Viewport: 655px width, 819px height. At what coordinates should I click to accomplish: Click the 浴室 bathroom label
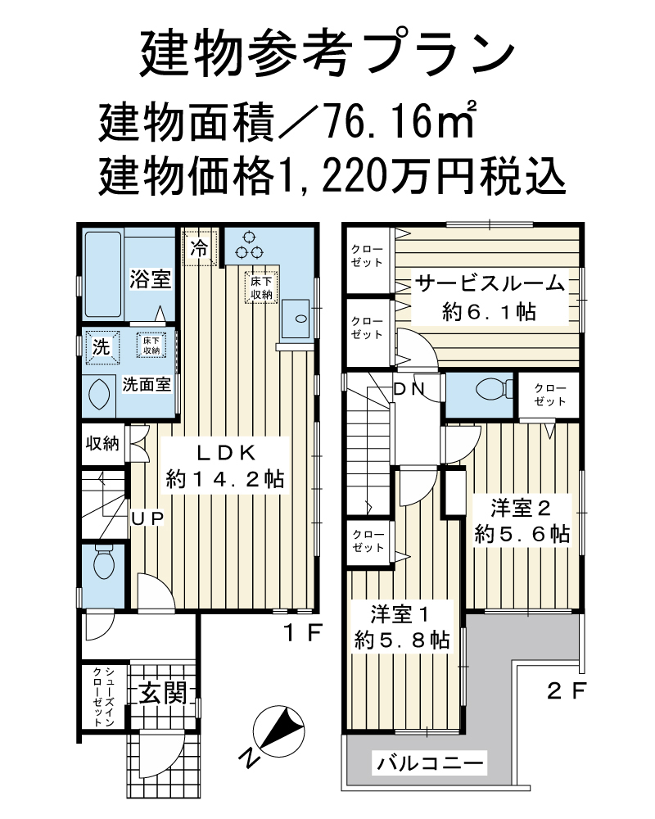click(151, 278)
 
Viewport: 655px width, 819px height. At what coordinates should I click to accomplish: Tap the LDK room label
click(225, 452)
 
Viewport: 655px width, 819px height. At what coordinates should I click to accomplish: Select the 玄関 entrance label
click(163, 694)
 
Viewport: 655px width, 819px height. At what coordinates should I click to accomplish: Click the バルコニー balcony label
click(431, 763)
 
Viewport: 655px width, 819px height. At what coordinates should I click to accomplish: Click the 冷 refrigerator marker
click(199, 248)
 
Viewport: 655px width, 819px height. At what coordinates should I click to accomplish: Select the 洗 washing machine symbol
click(102, 346)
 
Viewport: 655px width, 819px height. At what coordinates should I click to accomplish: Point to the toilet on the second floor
click(495, 389)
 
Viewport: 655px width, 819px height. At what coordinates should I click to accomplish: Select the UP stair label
click(148, 518)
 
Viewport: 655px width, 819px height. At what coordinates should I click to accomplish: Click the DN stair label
click(410, 389)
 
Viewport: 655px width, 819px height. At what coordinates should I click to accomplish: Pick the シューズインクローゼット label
click(103, 695)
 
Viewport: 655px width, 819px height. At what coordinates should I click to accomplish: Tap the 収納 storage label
click(103, 443)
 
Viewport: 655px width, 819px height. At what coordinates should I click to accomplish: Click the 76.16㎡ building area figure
click(399, 121)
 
